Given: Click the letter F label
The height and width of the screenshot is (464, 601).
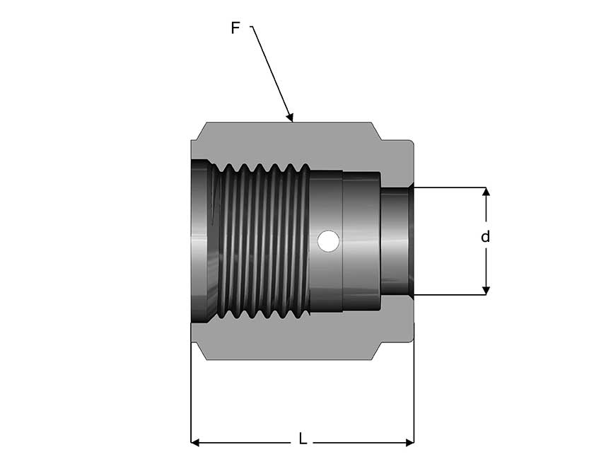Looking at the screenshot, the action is click(235, 28).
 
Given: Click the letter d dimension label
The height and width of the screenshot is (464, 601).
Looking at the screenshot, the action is click(485, 237).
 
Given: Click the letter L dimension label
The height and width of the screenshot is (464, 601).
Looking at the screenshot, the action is click(303, 439).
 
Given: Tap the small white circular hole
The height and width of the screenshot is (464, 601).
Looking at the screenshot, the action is click(328, 240).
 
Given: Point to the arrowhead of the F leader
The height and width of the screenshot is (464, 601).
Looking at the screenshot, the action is click(290, 117).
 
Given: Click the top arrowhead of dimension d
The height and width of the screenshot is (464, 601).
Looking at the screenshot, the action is click(486, 192).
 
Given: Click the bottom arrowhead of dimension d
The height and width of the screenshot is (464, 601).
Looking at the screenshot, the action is click(486, 291).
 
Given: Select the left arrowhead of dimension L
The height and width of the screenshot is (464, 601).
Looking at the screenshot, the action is click(195, 443).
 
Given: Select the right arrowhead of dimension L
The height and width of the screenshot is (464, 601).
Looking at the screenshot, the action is click(409, 443).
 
